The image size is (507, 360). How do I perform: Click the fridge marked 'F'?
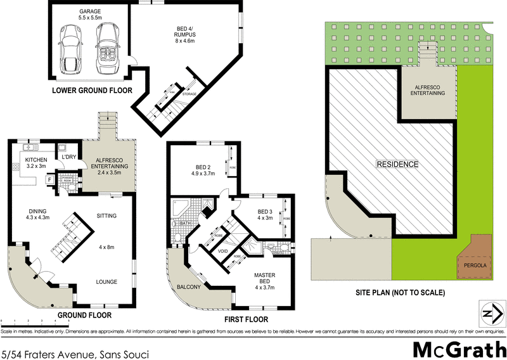(x=49, y=180)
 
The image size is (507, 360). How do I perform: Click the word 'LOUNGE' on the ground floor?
(x=106, y=281)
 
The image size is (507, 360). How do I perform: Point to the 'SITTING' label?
(x=106, y=216)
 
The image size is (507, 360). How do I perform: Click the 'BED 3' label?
(x=264, y=212)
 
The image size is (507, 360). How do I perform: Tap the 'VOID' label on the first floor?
(x=222, y=251)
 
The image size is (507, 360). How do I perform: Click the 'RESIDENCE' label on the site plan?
(x=398, y=164)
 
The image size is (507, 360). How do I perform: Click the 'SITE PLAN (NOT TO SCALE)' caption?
(x=401, y=293)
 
